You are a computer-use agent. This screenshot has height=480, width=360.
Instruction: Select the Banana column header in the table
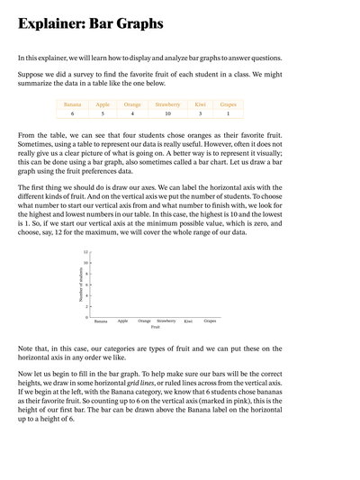coord(73,104)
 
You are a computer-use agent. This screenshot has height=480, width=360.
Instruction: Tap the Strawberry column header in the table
coord(167,104)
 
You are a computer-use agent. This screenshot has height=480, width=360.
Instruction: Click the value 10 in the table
coord(167,114)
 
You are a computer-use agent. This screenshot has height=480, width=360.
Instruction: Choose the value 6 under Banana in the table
coord(73,114)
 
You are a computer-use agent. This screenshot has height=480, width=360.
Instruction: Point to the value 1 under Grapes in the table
coord(229,114)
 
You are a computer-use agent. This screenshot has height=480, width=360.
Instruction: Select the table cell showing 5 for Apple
coord(103,114)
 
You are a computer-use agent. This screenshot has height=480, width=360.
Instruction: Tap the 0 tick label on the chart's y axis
coord(86,317)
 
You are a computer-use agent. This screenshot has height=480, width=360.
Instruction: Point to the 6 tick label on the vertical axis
coord(86,285)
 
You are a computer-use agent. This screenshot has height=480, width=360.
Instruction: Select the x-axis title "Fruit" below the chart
coord(156,327)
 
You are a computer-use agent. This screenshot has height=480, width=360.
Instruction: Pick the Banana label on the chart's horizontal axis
coord(101,321)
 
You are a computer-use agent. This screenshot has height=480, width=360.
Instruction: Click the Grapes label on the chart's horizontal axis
coord(210,321)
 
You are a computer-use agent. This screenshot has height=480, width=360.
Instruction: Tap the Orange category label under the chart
coord(144,321)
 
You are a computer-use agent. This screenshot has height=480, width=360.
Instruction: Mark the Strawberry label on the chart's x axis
coord(166,321)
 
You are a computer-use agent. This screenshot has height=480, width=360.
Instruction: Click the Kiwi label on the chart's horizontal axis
coord(188,321)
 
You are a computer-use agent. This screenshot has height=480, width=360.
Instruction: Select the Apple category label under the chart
coord(122,321)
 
